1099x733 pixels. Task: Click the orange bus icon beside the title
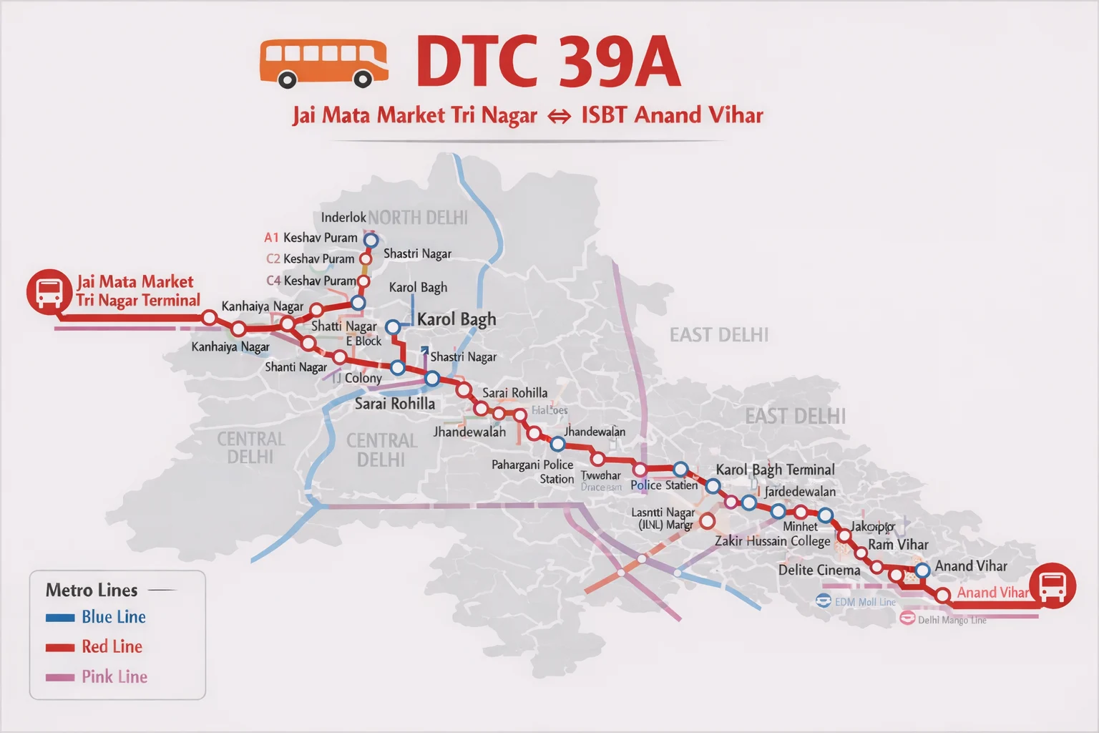click(x=323, y=63)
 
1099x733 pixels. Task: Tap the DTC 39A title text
click(x=548, y=62)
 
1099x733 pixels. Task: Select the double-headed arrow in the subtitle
click(x=559, y=116)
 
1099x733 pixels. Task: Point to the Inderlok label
click(x=343, y=218)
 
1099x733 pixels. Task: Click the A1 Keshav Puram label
click(x=311, y=238)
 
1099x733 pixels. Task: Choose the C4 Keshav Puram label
click(x=311, y=281)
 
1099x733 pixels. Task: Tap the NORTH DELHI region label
click(x=418, y=218)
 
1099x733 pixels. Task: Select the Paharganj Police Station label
click(x=533, y=472)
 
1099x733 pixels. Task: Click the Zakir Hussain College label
click(x=773, y=541)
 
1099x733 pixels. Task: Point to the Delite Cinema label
click(x=819, y=571)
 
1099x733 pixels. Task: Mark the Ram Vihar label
click(x=898, y=545)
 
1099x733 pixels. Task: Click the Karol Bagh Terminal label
click(x=775, y=470)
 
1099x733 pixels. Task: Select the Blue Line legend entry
click(x=113, y=617)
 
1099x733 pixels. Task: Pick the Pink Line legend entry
click(x=114, y=677)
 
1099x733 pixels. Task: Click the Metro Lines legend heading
click(x=92, y=591)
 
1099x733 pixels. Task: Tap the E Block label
click(x=364, y=341)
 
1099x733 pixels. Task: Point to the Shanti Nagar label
click(x=295, y=367)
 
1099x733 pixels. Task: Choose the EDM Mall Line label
click(x=864, y=602)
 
